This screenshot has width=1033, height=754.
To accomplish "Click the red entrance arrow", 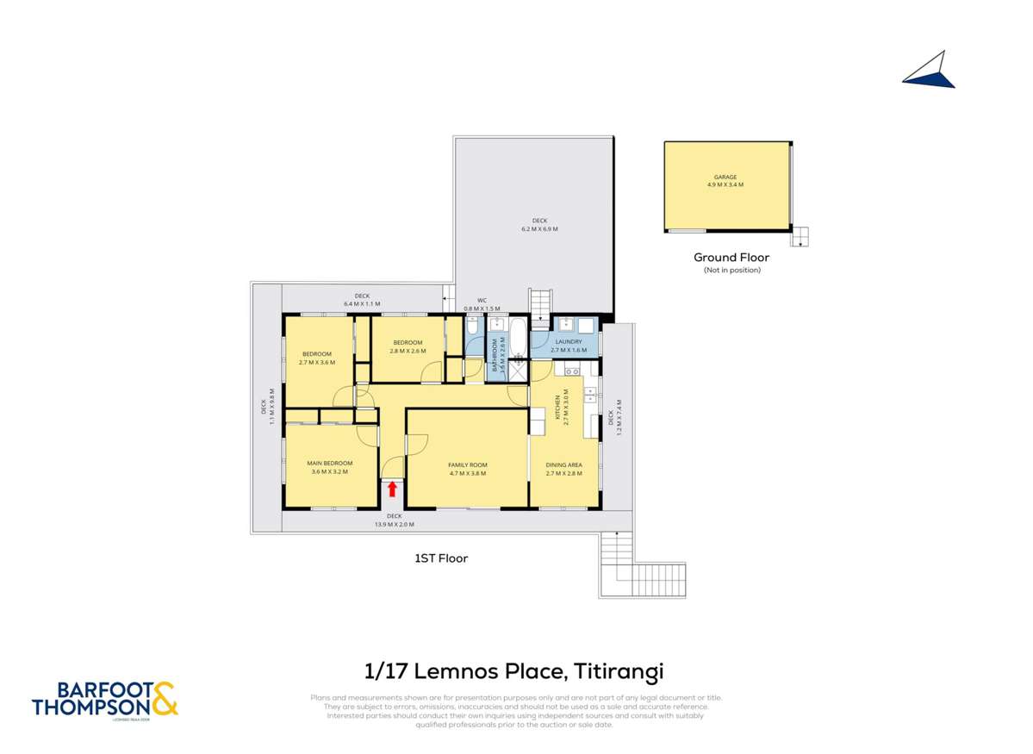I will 392,489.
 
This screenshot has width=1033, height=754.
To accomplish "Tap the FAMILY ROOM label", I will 468,468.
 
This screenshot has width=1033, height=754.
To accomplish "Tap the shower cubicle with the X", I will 518,372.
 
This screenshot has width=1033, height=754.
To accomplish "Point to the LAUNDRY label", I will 569,346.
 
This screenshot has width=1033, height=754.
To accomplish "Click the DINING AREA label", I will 564,468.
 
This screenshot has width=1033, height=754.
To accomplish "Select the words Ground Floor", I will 731,257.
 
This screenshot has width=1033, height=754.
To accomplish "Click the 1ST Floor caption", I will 441,558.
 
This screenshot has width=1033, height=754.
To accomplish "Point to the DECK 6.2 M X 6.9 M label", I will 539,224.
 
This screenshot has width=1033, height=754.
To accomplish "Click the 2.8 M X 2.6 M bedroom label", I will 407,346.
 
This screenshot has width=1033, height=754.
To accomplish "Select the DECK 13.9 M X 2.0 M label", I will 395,520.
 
